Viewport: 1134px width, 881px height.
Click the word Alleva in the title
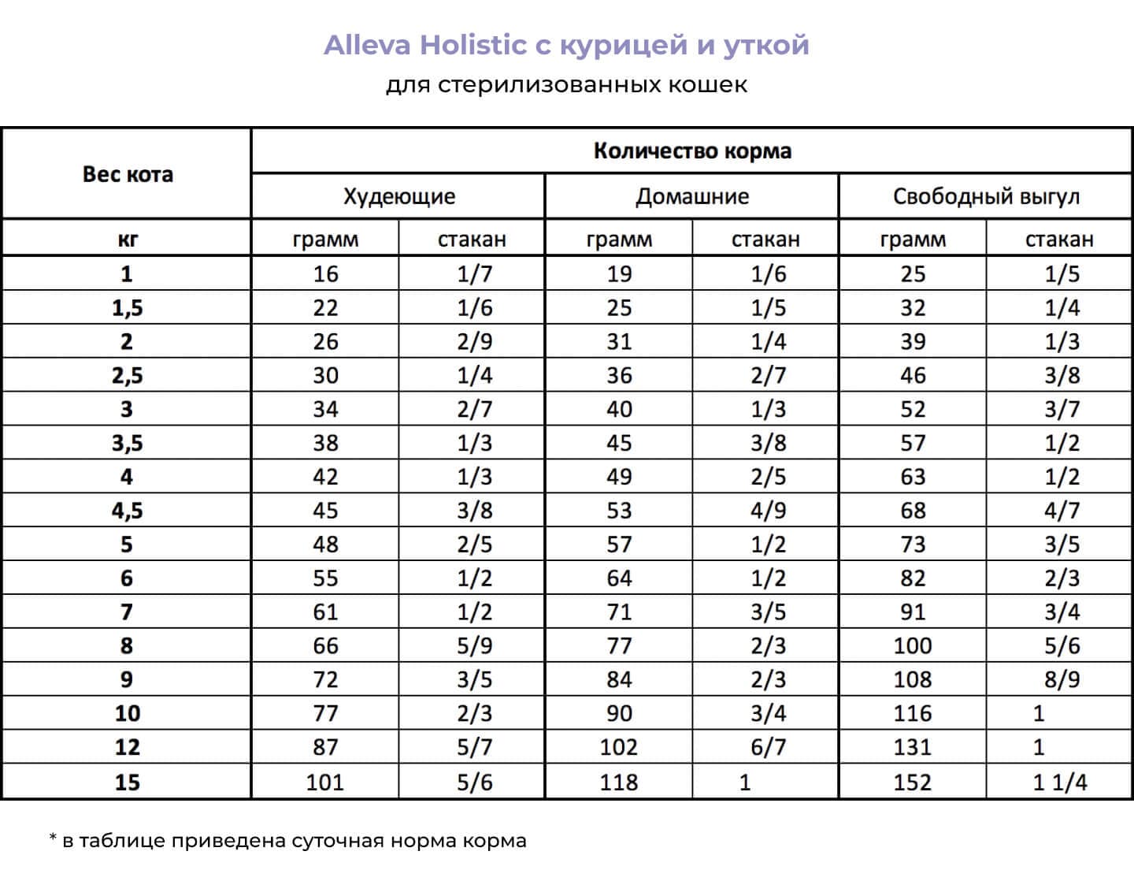click(368, 45)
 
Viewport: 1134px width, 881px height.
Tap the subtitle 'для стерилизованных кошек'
click(566, 84)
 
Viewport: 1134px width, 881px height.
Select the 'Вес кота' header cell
click(127, 174)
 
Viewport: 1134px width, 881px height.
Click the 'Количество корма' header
click(691, 151)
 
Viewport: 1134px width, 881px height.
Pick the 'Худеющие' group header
click(398, 196)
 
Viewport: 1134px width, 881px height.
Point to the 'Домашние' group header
click(691, 196)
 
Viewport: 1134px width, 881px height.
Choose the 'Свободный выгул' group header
click(985, 196)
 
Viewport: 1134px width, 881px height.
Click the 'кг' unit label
click(127, 239)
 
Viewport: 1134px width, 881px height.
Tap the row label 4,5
click(127, 511)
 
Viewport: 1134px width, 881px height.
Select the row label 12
click(127, 747)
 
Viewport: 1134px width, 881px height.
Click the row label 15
click(127, 782)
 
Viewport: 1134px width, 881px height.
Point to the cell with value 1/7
click(474, 274)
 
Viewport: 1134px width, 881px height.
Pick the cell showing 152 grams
click(913, 782)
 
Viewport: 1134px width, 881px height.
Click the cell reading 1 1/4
click(1060, 782)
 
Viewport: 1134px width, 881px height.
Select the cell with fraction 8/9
click(1062, 679)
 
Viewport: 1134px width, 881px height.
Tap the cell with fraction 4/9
click(768, 511)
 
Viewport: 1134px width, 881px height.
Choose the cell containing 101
click(324, 782)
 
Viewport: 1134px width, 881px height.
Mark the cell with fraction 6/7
click(768, 747)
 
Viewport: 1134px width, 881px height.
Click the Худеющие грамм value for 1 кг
click(324, 274)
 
